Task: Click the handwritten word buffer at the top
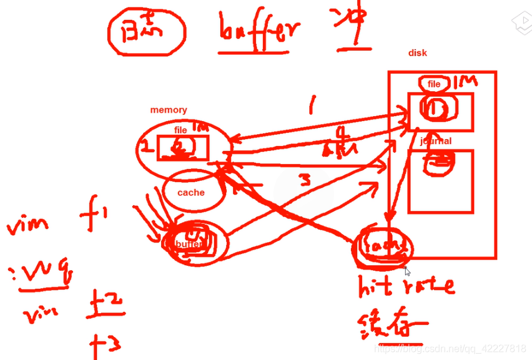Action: (259, 30)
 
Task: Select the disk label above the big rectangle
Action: (417, 53)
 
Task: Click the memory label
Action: (168, 110)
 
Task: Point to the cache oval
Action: (191, 192)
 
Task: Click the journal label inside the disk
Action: (436, 141)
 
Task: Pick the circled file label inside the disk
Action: (434, 84)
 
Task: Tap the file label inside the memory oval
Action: (180, 130)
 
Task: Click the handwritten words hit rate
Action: (405, 286)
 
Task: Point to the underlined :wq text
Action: (41, 273)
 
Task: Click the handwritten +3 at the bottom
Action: (106, 343)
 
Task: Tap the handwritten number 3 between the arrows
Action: (303, 180)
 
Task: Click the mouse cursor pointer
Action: (407, 271)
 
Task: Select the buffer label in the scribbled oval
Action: (188, 244)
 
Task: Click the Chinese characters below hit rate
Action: (392, 324)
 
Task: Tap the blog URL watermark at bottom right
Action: (451, 348)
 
